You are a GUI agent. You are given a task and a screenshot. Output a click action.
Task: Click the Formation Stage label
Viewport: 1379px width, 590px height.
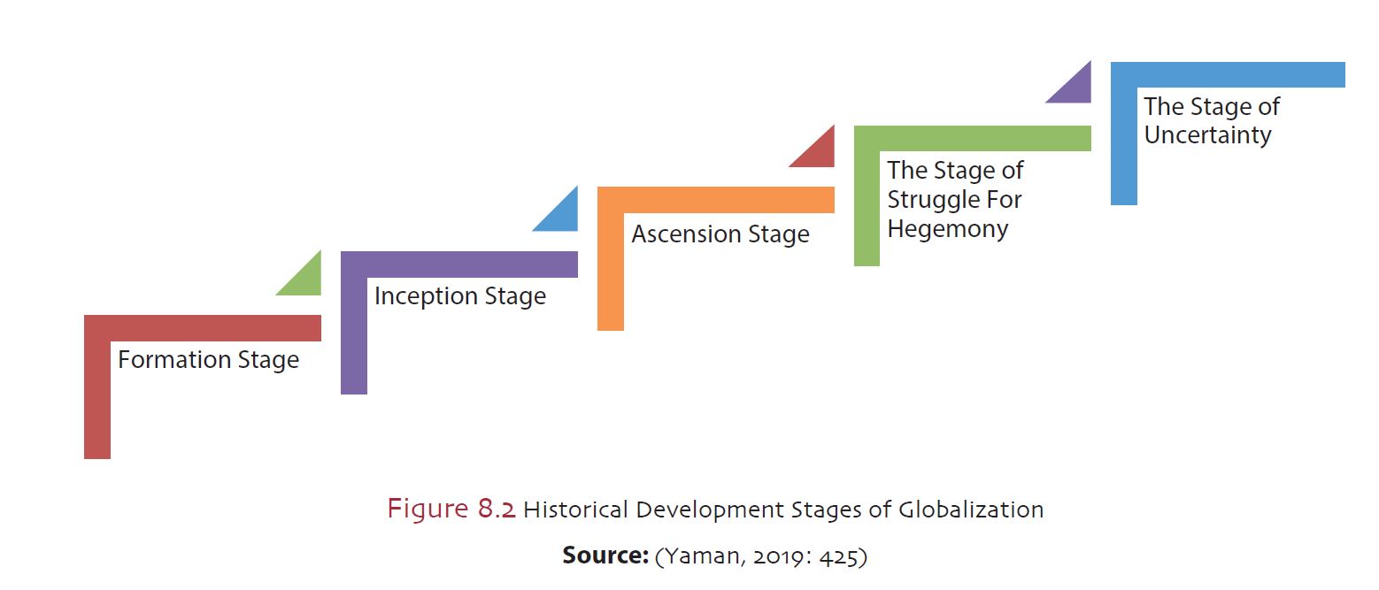click(x=208, y=360)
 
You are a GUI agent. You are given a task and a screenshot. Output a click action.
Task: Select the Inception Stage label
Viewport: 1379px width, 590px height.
click(x=460, y=296)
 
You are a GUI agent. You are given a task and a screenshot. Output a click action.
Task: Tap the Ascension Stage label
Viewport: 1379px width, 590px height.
click(x=720, y=234)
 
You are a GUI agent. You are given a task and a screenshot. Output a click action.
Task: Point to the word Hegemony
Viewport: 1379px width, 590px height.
click(x=947, y=229)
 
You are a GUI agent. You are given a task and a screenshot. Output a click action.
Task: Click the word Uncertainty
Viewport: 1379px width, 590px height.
click(x=1207, y=135)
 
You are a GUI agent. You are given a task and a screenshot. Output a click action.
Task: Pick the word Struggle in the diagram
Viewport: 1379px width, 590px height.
click(x=933, y=200)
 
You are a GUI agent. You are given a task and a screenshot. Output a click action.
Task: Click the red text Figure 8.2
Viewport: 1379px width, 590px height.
click(x=451, y=509)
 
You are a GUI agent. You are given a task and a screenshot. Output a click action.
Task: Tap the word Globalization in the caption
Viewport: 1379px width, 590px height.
click(x=971, y=510)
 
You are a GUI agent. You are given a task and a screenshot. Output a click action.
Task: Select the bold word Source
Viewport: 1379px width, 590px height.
click(x=605, y=556)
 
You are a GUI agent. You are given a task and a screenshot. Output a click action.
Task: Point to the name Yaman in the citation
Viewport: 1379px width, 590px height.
click(x=704, y=556)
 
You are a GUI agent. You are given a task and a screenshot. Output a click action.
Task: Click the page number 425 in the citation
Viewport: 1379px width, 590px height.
click(x=838, y=557)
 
